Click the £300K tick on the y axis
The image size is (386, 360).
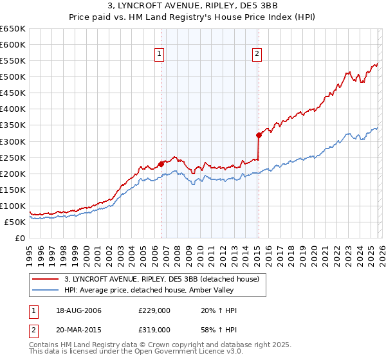[13, 141]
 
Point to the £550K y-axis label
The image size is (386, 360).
[13, 61]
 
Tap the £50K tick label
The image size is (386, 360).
[15, 222]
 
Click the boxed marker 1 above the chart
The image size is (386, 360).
[159, 55]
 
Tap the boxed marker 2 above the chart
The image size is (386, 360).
[257, 55]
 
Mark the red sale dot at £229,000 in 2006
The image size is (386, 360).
[161, 164]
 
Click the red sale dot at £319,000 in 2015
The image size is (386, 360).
[259, 135]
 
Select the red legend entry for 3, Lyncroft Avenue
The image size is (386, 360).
[161, 278]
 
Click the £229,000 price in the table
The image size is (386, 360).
[154, 310]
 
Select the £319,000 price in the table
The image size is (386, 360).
[154, 330]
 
